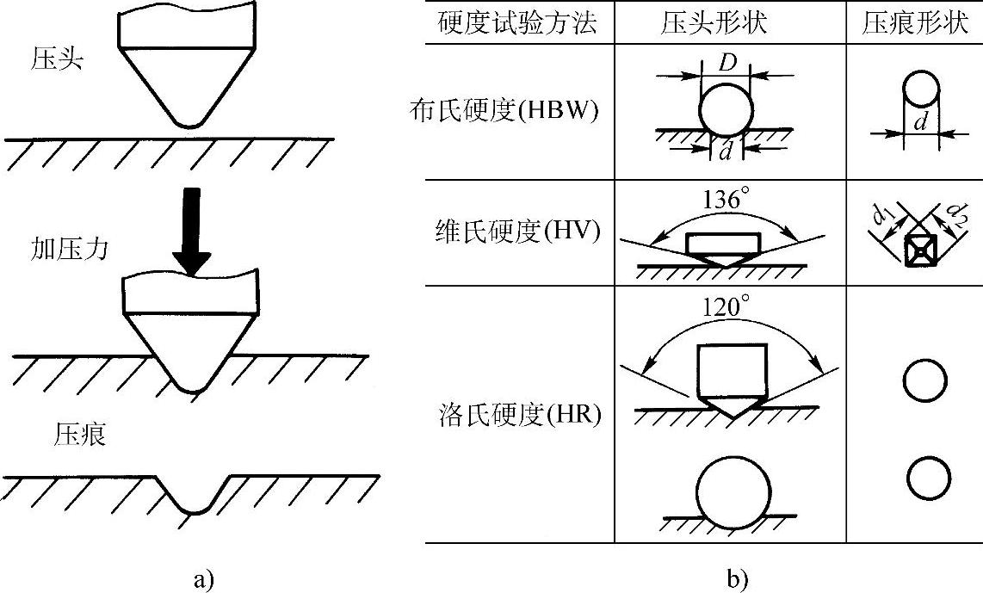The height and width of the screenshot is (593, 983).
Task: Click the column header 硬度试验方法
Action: coord(517,24)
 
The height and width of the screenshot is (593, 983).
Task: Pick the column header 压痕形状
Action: coord(914,24)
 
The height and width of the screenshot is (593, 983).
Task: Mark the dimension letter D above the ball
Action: coord(726,62)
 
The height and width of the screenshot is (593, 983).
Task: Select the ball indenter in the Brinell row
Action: coord(726,111)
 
